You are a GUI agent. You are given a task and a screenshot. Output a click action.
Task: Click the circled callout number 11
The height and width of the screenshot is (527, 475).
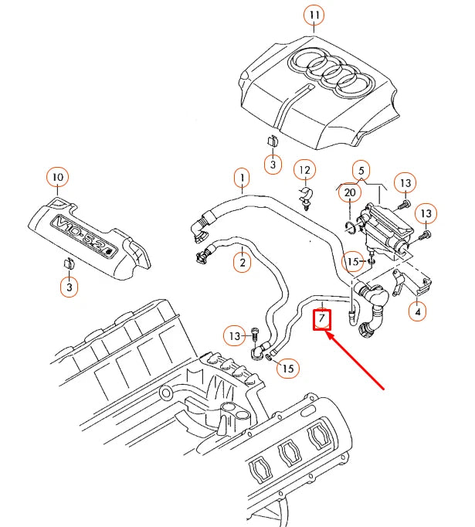tap(314, 15)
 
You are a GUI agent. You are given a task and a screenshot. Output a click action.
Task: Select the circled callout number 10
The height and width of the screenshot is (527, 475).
tap(56, 178)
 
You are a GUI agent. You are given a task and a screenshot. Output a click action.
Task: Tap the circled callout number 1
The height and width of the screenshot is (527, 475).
tap(242, 180)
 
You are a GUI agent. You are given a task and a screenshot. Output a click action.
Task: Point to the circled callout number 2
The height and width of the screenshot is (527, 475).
tap(243, 263)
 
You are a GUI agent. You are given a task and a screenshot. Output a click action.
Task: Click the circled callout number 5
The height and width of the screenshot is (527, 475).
tap(360, 169)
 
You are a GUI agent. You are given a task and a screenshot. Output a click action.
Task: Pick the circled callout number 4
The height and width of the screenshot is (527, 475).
tap(418, 313)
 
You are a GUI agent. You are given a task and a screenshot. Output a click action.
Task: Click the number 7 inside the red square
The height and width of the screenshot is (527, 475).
tap(321, 319)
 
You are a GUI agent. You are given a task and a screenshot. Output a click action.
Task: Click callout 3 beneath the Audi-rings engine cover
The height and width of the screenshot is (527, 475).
tap(273, 163)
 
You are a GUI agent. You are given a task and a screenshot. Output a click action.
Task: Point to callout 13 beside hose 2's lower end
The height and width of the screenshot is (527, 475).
tap(233, 335)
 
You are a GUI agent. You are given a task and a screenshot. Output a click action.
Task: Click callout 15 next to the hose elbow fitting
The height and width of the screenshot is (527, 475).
tap(287, 369)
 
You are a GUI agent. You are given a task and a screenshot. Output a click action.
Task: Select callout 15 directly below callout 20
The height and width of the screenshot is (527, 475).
tap(352, 262)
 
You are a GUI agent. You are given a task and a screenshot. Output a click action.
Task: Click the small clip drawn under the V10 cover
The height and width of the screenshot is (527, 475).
tap(68, 264)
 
